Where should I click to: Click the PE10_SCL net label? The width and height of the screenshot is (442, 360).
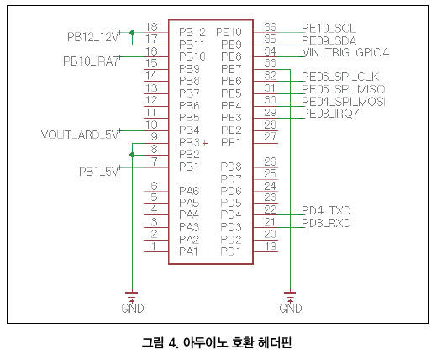point(329,29)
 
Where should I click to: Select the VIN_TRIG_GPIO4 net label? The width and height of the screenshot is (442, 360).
point(345,52)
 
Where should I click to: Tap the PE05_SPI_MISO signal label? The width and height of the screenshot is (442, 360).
point(344,89)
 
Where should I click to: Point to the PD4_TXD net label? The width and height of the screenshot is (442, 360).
point(326,210)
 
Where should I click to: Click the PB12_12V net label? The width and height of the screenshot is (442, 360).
point(92,37)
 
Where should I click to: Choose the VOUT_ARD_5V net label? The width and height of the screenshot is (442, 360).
point(80,135)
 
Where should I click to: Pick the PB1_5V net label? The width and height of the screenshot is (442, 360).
point(98,172)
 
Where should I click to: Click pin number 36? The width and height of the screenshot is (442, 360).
point(270,27)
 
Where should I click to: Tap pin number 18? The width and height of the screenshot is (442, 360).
point(151,27)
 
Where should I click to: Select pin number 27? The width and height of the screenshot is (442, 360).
point(270,136)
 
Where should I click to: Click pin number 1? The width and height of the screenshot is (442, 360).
point(154,246)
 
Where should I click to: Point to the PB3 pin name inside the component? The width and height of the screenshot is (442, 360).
point(189,142)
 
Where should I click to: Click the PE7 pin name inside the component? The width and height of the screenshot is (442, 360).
point(231,69)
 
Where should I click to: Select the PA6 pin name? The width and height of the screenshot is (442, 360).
point(189,191)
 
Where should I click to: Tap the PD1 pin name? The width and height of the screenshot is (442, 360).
point(230,251)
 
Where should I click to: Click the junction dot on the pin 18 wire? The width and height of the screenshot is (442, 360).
point(132,33)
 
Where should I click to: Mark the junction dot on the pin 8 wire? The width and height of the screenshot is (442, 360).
point(132,155)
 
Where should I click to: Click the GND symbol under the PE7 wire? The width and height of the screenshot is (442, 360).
point(291,303)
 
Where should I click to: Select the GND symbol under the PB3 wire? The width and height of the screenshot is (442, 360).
point(132,303)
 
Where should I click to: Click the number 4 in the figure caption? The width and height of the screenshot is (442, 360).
point(173,343)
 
